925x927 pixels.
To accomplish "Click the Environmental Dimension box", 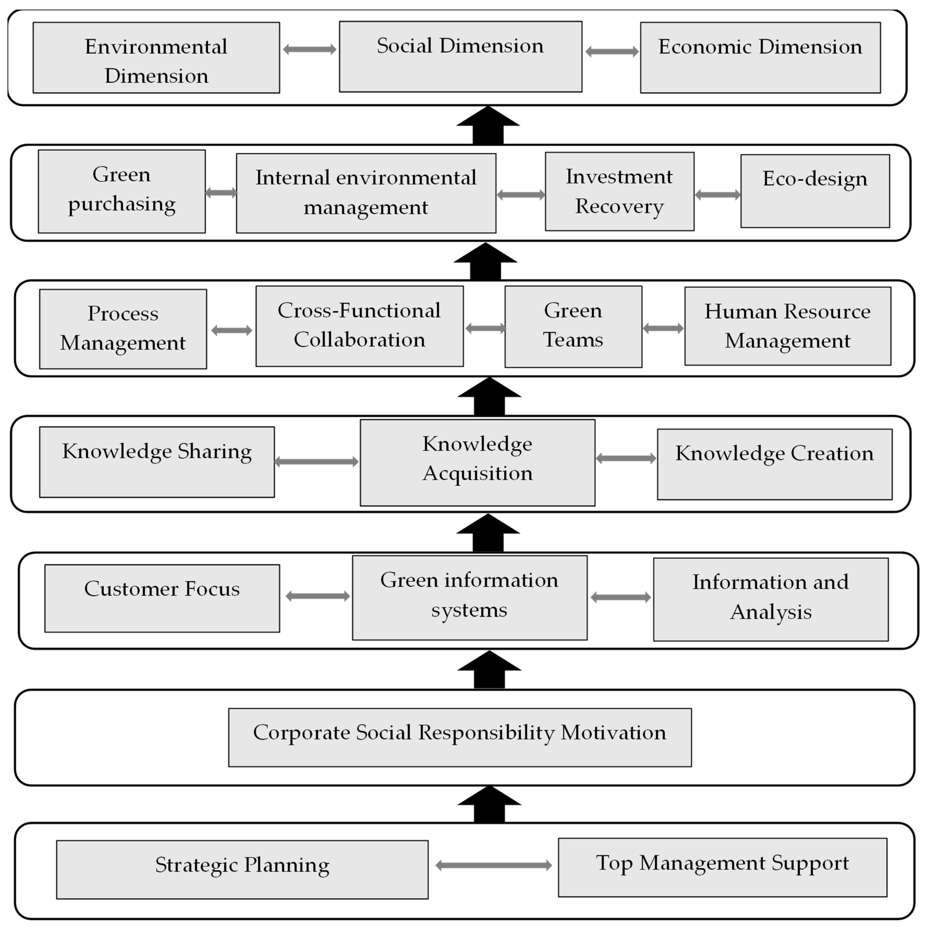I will [156, 58].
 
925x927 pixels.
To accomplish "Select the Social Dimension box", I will [460, 57].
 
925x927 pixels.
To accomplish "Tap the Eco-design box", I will [815, 191].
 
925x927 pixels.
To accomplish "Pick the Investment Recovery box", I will [619, 192].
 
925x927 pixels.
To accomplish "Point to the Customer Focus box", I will [162, 598].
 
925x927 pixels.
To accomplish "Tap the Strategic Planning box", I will [242, 869].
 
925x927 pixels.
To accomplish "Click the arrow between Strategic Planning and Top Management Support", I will [494, 865].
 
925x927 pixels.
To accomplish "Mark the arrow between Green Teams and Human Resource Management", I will [663, 328].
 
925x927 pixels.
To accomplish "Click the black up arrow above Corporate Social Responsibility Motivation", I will [489, 670].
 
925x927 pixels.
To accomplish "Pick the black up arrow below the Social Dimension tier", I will [488, 126].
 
